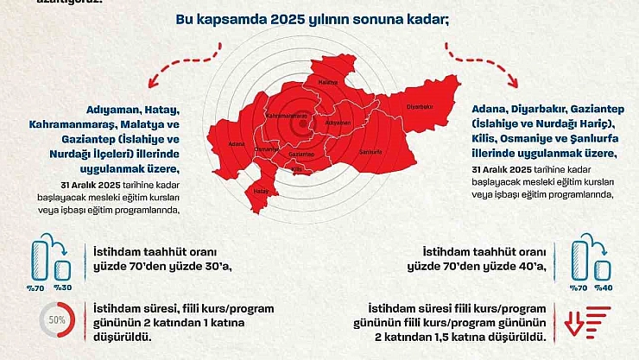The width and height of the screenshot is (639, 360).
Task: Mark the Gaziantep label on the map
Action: (x=301, y=153)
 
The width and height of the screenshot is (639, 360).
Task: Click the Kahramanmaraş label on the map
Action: (x=287, y=115)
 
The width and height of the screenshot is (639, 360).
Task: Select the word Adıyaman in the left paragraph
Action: (x=114, y=110)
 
